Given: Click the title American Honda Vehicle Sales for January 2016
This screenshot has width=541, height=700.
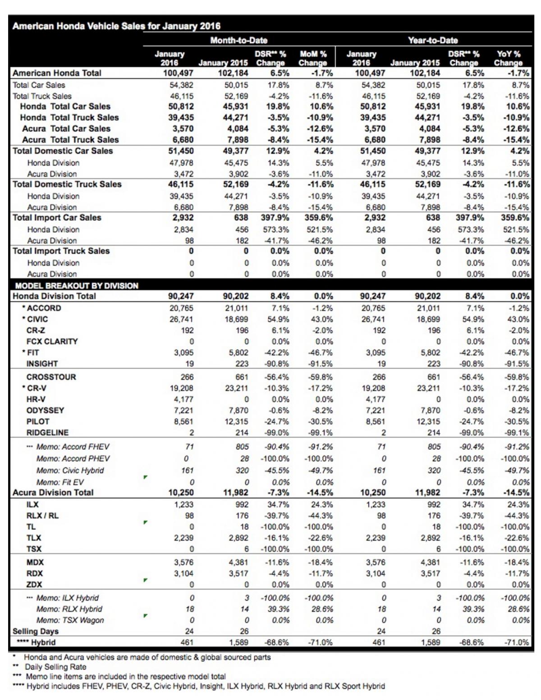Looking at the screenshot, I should coord(116,26).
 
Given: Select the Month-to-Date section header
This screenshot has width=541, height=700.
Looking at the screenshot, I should coord(238,41).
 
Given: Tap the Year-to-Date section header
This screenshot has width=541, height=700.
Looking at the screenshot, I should coord(433,41).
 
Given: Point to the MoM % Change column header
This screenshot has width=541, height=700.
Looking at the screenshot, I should coord(313,58).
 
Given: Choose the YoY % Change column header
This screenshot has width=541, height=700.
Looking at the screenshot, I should coord(508,58).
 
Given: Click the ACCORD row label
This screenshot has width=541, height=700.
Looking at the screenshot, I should coord(43,308).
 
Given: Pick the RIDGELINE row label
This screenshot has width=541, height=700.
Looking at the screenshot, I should coord(47,433).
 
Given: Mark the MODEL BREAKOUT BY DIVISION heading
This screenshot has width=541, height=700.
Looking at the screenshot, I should coord(77,286).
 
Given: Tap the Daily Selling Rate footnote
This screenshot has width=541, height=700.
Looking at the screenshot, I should coord(55,667).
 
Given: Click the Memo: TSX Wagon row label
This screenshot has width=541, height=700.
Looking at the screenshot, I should coord(70,620).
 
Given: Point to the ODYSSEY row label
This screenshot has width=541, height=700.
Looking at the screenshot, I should coord(45,411).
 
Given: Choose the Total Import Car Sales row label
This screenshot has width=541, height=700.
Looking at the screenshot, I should coord(57,218).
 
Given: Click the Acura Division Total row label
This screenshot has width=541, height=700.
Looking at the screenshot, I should coord(53,493).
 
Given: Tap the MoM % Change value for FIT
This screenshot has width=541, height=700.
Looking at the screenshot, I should coord(321,352).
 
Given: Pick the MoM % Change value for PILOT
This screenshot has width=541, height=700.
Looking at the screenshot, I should coord(321,421).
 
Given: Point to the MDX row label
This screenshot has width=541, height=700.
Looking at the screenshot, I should coord(35,563).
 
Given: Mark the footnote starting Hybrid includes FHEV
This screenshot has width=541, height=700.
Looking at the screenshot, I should coord(206,686).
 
